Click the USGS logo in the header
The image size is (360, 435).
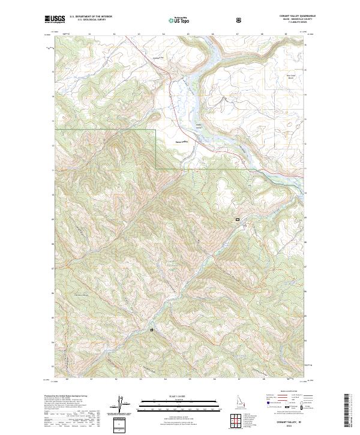(55, 19)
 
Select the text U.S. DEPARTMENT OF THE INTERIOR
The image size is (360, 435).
(91, 17)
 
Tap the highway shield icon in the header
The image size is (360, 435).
(239, 20)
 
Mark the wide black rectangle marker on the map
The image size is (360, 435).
(238, 220)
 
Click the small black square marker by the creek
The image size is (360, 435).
(152, 329)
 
